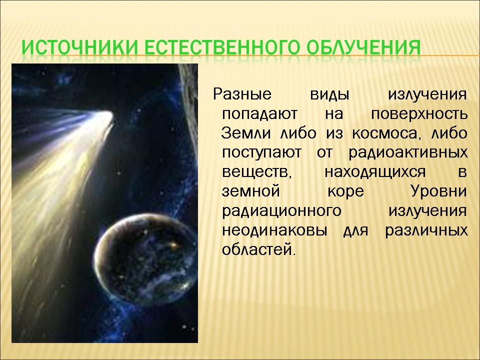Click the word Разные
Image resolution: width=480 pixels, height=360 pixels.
pyautogui.click(x=242, y=94)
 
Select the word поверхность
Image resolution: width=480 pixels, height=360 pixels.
pyautogui.click(x=419, y=114)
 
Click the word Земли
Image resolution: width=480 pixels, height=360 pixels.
pyautogui.click(x=246, y=133)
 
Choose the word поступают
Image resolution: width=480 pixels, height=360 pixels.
pyautogui.click(x=261, y=153)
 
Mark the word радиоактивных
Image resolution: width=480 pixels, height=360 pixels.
pyautogui.click(x=408, y=153)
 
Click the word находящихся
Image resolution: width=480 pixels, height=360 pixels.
pyautogui.click(x=375, y=172)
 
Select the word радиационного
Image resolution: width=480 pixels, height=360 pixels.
pyautogui.click(x=281, y=211)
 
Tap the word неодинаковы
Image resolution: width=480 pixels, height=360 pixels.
pyautogui.click(x=274, y=230)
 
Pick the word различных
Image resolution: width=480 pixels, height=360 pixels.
pyautogui.click(x=426, y=230)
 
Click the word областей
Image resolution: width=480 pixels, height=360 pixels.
pyautogui.click(x=259, y=249)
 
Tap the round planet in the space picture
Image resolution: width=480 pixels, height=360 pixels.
pyautogui.click(x=145, y=258)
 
